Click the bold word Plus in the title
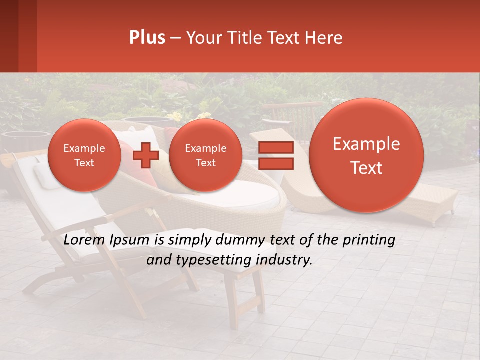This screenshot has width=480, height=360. point(147,38)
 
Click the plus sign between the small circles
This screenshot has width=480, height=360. point(146,155)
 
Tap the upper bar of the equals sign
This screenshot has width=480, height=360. point(275,148)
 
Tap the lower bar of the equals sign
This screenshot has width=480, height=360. point(275,163)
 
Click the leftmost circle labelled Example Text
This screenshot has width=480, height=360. point(84,155)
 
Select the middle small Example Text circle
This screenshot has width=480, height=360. point(206,155)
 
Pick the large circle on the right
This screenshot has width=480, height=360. point(366,155)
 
